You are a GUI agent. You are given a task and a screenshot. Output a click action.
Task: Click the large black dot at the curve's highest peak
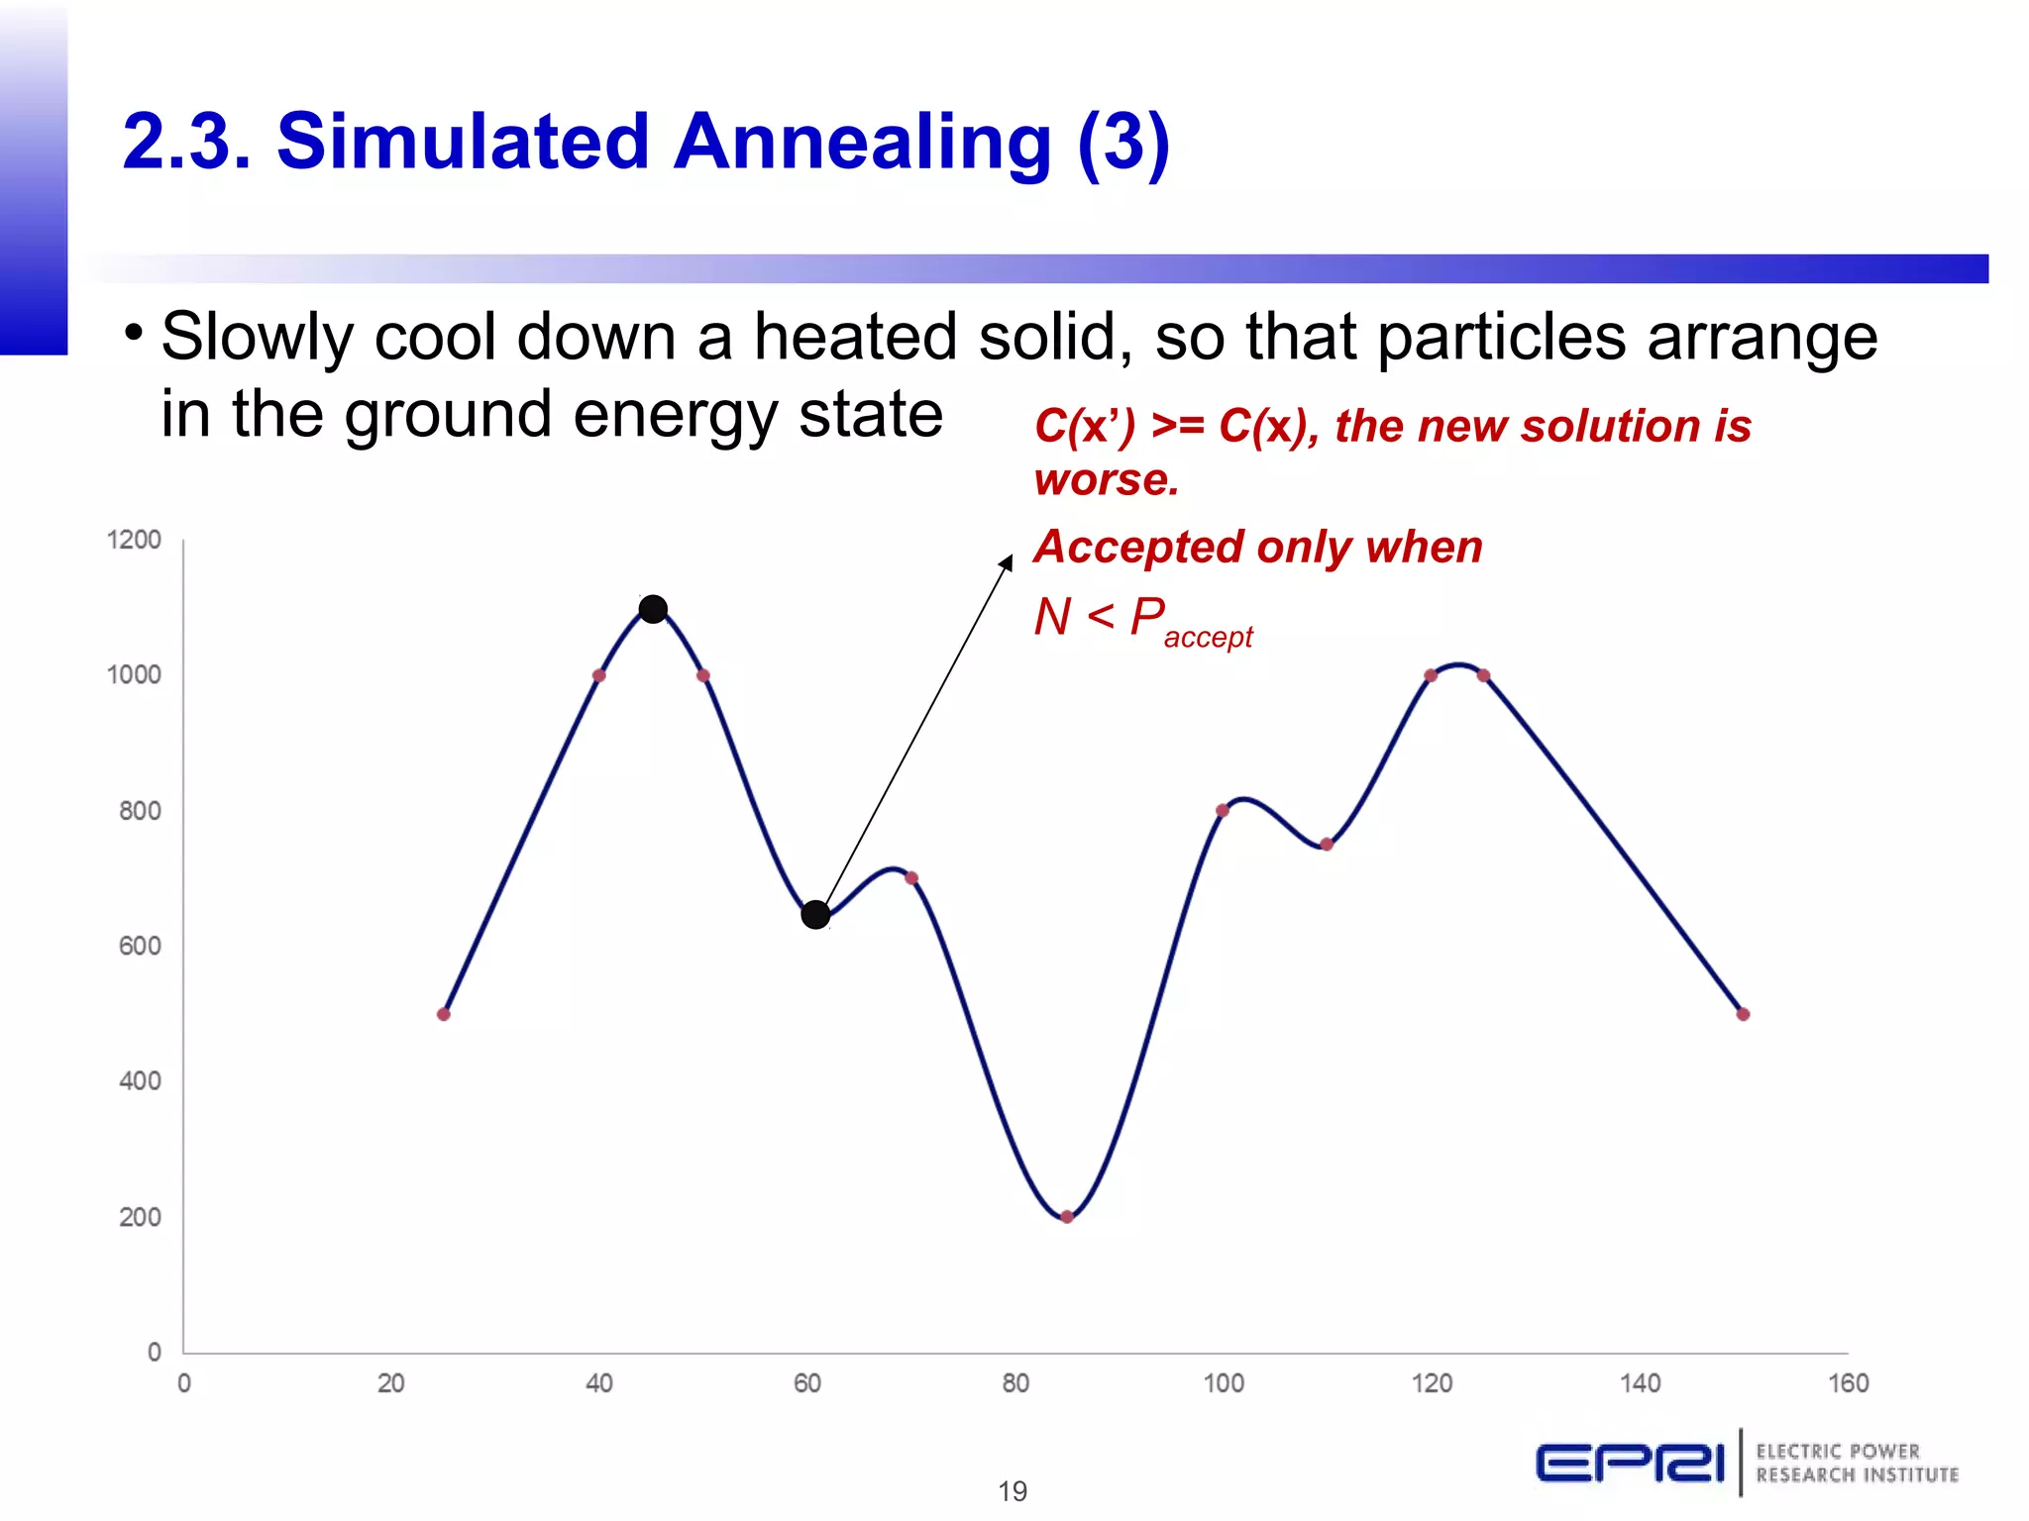pyautogui.click(x=653, y=609)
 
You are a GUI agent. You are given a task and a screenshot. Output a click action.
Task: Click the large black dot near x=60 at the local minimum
pyautogui.click(x=815, y=914)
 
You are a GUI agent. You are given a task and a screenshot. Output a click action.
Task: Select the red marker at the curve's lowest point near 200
pyautogui.click(x=1067, y=1217)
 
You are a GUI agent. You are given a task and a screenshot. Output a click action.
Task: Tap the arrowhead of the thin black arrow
pyautogui.click(x=1007, y=562)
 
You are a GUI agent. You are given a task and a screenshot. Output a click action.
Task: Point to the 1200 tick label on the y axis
pyautogui.click(x=134, y=540)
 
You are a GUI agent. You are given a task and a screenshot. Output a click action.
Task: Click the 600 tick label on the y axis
pyautogui.click(x=140, y=946)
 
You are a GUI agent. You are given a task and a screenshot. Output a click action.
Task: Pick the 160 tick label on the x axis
pyautogui.click(x=1848, y=1383)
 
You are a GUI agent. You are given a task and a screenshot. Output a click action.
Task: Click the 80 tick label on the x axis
pyautogui.click(x=1015, y=1383)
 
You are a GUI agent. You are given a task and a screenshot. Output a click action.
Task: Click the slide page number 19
pyautogui.click(x=1013, y=1490)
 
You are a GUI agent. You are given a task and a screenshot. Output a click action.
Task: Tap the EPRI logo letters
pyautogui.click(x=1631, y=1463)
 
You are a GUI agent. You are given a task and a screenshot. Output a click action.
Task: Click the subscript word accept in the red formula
pyautogui.click(x=1208, y=638)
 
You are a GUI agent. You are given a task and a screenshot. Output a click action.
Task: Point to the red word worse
pyautogui.click(x=1106, y=480)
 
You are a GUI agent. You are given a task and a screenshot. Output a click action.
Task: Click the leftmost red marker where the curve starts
pyautogui.click(x=444, y=1014)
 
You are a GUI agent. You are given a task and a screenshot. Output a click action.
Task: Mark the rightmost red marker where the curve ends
pyautogui.click(x=1744, y=1014)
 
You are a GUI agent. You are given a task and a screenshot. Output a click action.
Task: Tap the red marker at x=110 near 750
pyautogui.click(x=1327, y=845)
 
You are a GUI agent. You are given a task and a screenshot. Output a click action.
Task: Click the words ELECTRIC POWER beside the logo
pyautogui.click(x=1838, y=1452)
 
